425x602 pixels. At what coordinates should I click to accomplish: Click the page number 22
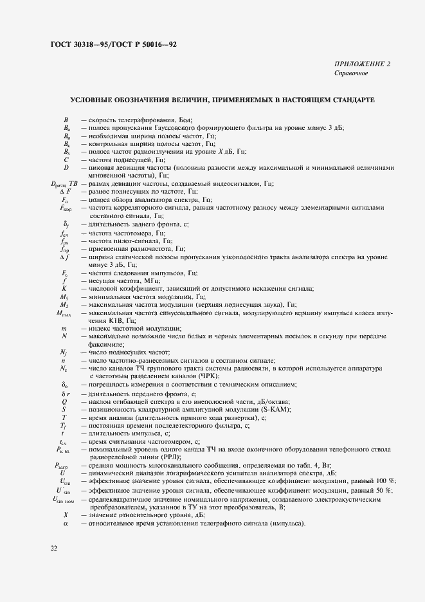53,548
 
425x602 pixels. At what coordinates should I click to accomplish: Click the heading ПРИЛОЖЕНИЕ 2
362,64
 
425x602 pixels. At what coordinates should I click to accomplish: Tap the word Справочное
351,73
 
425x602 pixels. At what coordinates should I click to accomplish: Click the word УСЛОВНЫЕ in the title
96,101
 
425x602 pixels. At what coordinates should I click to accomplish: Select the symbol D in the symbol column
66,167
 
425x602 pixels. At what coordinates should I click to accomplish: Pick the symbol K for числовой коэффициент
66,288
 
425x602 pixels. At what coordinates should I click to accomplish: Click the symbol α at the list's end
66,524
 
